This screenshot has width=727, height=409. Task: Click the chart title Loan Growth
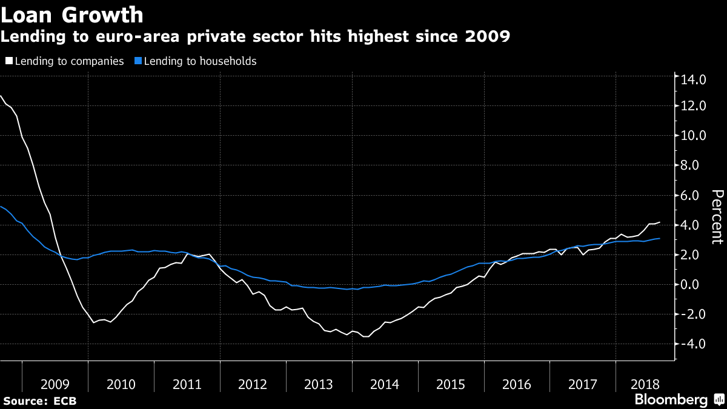pyautogui.click(x=72, y=14)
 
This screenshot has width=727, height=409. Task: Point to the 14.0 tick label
pyautogui.click(x=694, y=79)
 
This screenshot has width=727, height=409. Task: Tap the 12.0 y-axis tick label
pyautogui.click(x=694, y=106)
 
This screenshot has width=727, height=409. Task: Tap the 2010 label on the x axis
pyautogui.click(x=121, y=384)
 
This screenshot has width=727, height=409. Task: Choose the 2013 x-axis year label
pyautogui.click(x=319, y=384)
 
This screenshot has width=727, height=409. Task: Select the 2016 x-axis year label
pyautogui.click(x=517, y=384)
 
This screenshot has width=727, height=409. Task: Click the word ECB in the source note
pyautogui.click(x=65, y=401)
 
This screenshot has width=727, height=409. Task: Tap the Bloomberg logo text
pyautogui.click(x=671, y=400)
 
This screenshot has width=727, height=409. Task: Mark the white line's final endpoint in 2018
pyautogui.click(x=660, y=222)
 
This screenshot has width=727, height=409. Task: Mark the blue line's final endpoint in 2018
pyautogui.click(x=660, y=239)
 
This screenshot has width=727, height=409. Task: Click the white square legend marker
pyautogui.click(x=8, y=61)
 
